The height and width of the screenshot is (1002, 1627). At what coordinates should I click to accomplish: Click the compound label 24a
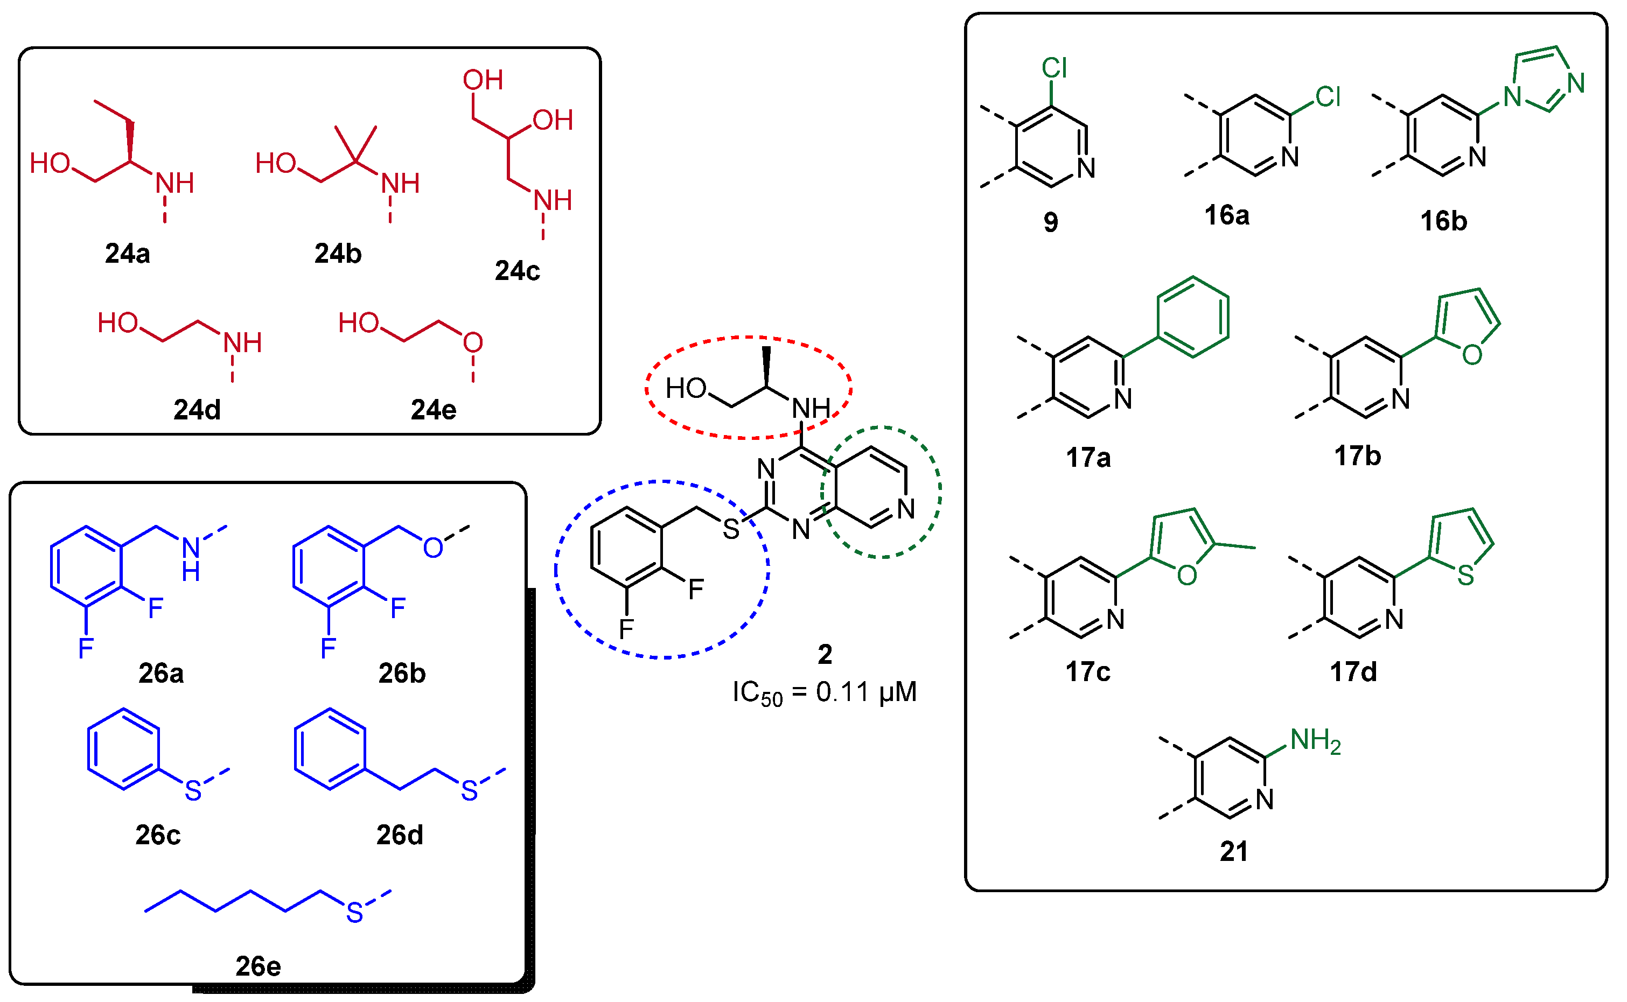point(127,254)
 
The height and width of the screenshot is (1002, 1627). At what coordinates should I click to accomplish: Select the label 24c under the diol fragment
point(517,271)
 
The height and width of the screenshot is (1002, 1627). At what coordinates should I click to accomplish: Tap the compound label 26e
point(258,966)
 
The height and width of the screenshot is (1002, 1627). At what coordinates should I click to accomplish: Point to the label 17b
point(1357,456)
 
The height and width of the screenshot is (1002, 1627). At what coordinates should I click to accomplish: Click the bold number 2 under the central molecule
point(825,655)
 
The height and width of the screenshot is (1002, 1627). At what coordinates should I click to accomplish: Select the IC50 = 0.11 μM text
point(825,692)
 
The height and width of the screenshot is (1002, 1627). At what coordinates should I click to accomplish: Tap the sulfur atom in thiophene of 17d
point(1465,575)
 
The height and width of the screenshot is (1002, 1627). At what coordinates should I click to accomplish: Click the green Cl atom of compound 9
point(1054,68)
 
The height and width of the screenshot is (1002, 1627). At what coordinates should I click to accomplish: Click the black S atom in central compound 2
point(730,529)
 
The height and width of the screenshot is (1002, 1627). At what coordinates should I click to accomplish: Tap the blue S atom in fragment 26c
point(193,790)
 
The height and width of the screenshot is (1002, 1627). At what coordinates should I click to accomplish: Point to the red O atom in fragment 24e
point(472,342)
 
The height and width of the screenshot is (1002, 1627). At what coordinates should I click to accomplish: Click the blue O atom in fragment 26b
point(433,548)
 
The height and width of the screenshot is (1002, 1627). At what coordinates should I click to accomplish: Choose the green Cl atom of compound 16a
point(1328,97)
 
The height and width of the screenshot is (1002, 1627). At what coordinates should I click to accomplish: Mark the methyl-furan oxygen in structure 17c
point(1187,575)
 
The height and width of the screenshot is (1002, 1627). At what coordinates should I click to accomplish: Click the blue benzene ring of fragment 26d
point(330,749)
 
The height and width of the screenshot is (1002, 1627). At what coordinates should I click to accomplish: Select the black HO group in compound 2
point(686,388)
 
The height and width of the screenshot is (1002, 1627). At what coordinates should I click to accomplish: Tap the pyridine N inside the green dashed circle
point(905,509)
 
